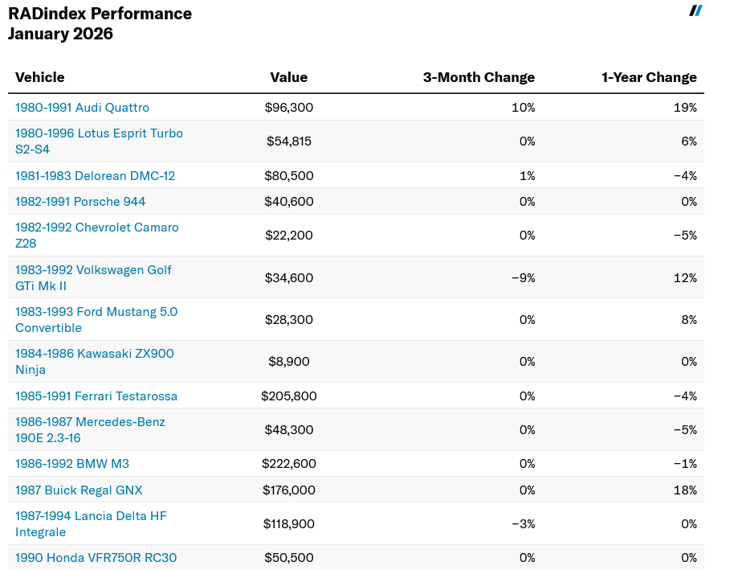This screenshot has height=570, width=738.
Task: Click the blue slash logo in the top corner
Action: [x=695, y=10]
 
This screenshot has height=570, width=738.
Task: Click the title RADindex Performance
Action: [x=100, y=14]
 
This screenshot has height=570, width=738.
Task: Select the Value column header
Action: [x=288, y=77]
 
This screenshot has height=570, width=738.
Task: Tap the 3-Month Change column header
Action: [x=479, y=77]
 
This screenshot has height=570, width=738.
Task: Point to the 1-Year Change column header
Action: [x=649, y=77]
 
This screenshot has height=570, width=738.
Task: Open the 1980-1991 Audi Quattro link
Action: [x=82, y=108]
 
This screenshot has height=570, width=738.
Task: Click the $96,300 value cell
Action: [x=289, y=108]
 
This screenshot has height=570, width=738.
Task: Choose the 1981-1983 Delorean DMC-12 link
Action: [x=95, y=176]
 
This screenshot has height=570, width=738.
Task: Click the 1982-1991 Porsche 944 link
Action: [x=80, y=202]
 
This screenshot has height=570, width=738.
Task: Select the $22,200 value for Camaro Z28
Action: [x=289, y=236]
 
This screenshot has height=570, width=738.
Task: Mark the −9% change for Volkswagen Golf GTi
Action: [x=523, y=278]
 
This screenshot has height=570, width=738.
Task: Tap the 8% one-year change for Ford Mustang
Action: [x=689, y=320]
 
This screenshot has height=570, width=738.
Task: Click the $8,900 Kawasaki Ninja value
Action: [x=289, y=362]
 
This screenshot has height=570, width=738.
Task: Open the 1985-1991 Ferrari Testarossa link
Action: [x=96, y=396]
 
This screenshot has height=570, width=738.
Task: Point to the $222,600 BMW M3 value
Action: [x=289, y=464]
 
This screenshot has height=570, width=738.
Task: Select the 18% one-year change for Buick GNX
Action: [x=686, y=490]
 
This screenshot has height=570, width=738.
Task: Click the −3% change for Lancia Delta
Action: [x=523, y=524]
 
